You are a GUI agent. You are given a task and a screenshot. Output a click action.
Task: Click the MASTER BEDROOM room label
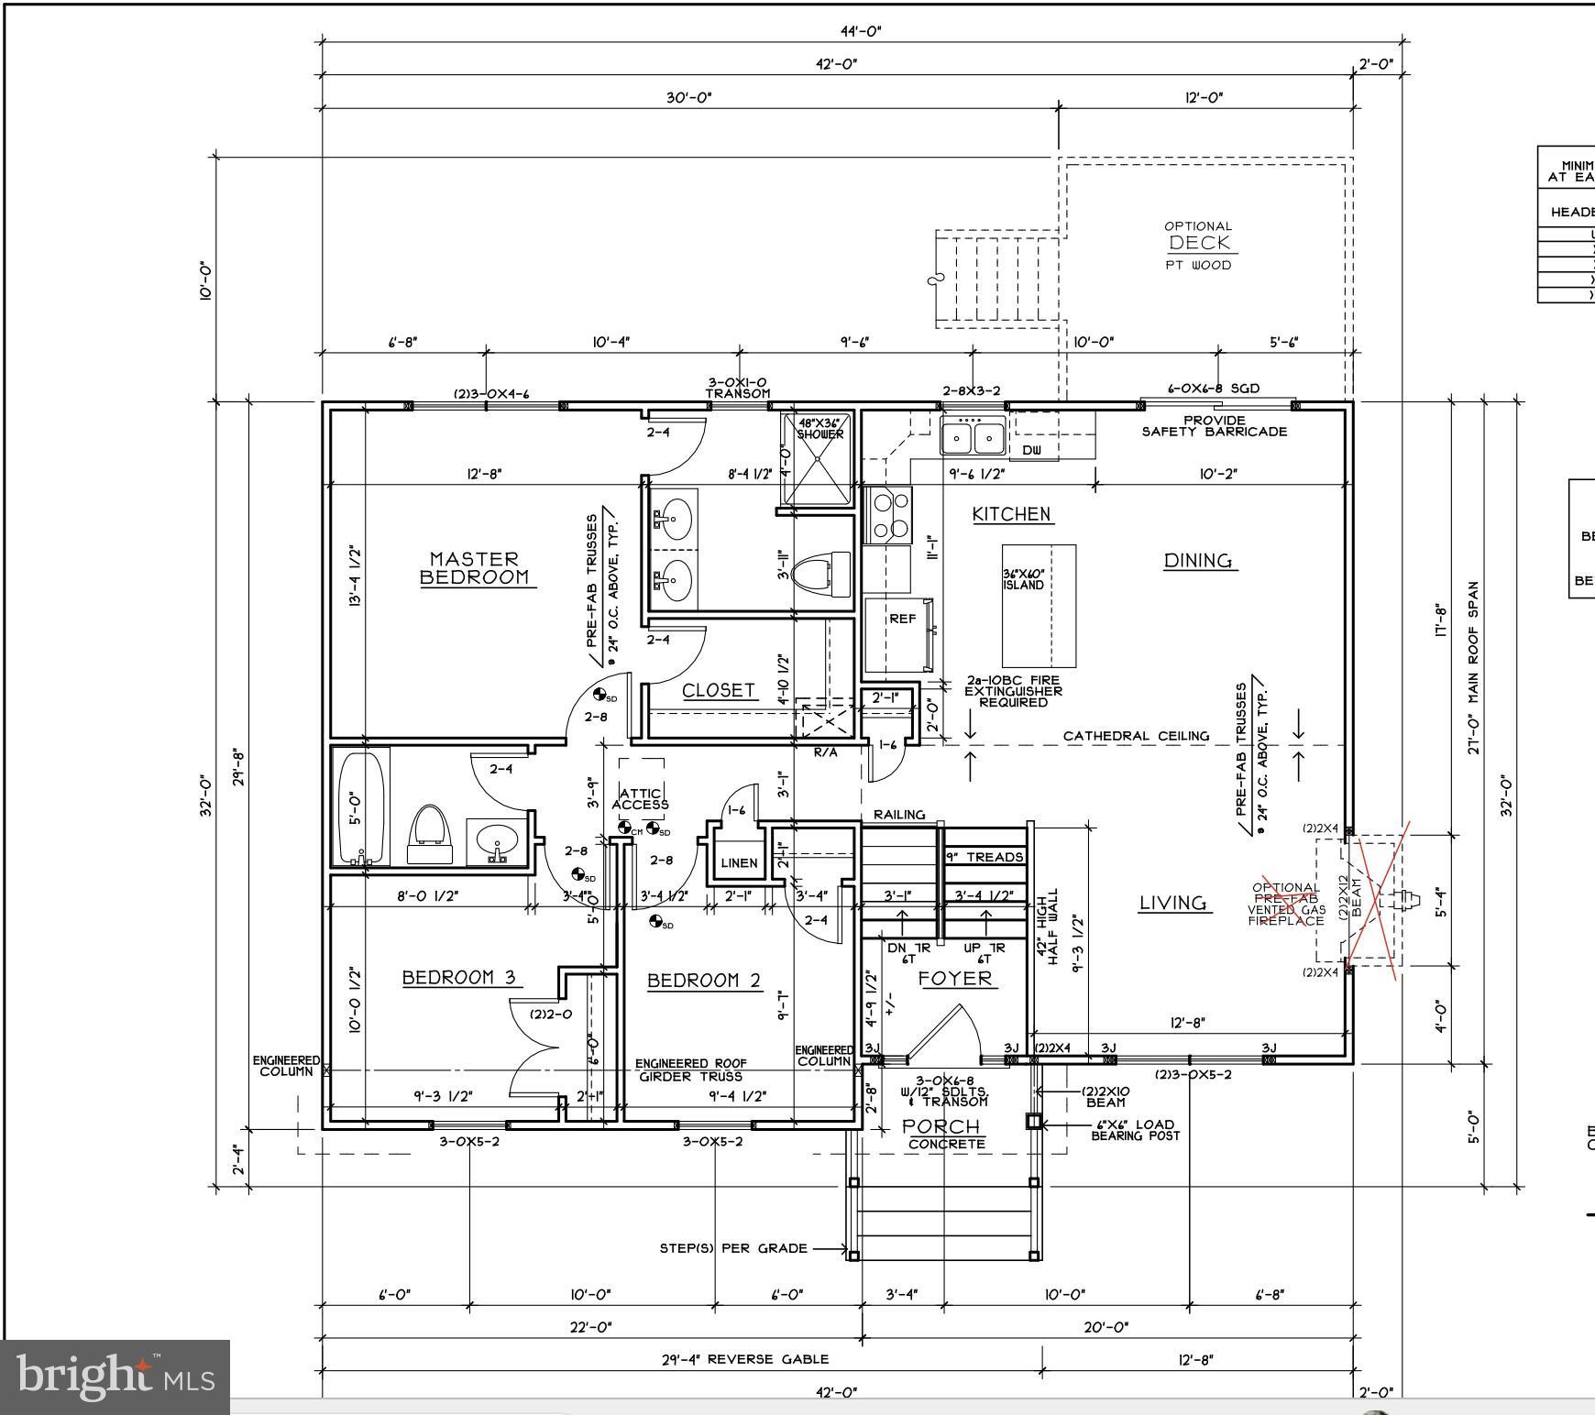[474, 568]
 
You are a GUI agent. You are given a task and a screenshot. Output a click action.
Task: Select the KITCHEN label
[1011, 514]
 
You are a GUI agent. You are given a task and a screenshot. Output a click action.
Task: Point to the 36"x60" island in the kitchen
[1038, 606]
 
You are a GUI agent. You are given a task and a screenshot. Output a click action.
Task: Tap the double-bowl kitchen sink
[973, 436]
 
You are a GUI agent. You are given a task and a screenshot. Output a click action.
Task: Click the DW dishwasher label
[1031, 450]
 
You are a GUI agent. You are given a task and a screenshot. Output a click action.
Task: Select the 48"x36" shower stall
[818, 459]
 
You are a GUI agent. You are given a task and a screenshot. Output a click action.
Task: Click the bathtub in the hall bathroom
[358, 806]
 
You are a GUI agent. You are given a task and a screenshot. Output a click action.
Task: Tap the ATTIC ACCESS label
[640, 799]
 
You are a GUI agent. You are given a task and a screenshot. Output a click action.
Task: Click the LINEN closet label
[739, 862]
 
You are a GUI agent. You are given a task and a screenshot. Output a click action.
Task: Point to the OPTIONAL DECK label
[1199, 243]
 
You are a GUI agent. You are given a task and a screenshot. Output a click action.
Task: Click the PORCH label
[940, 1126]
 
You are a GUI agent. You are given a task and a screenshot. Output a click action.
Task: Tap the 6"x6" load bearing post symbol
[1033, 1121]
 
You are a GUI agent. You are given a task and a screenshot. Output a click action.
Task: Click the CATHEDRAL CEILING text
[1135, 736]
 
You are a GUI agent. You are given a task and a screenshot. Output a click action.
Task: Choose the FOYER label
[955, 979]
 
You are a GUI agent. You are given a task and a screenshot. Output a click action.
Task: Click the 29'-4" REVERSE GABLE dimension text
[744, 1359]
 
